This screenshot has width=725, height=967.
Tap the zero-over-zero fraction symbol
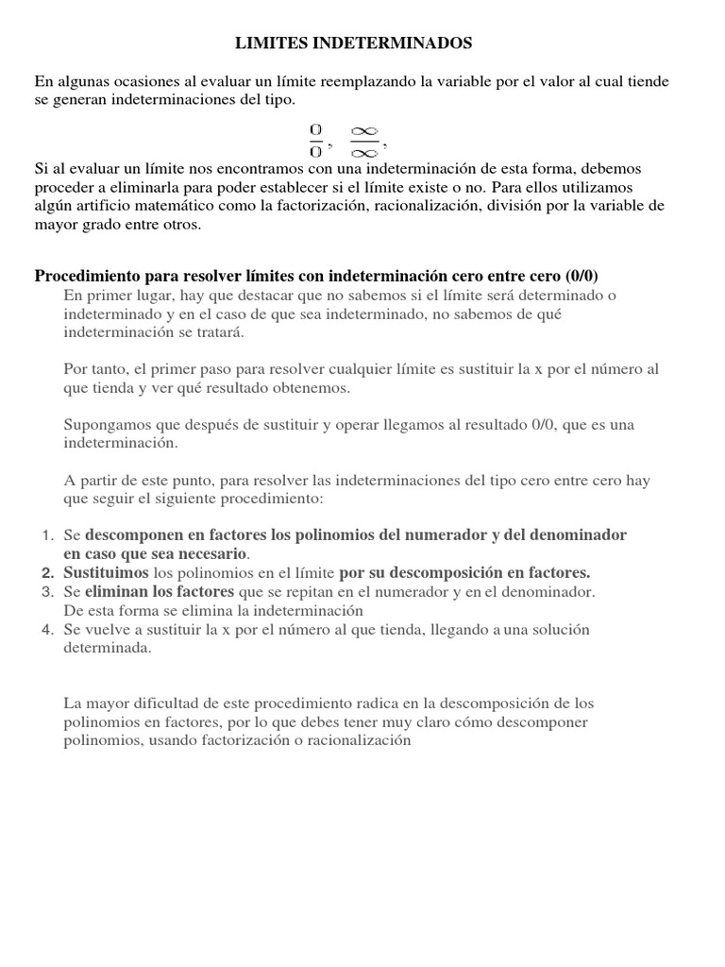315,139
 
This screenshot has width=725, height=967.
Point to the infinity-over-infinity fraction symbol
363,139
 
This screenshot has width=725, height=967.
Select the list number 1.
48,535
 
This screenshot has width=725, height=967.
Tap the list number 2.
47,572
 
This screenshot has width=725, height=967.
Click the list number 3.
48,591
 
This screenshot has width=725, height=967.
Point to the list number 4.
48,629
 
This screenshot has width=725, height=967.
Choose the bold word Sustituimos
106,572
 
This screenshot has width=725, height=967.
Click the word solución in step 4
590,629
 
